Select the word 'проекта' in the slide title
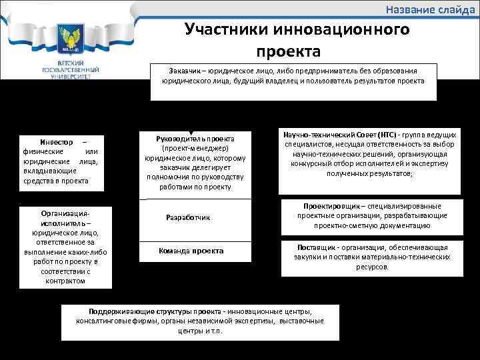point(288,51)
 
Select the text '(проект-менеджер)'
point(195,147)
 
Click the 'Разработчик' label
point(187,217)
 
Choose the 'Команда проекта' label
point(191,251)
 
